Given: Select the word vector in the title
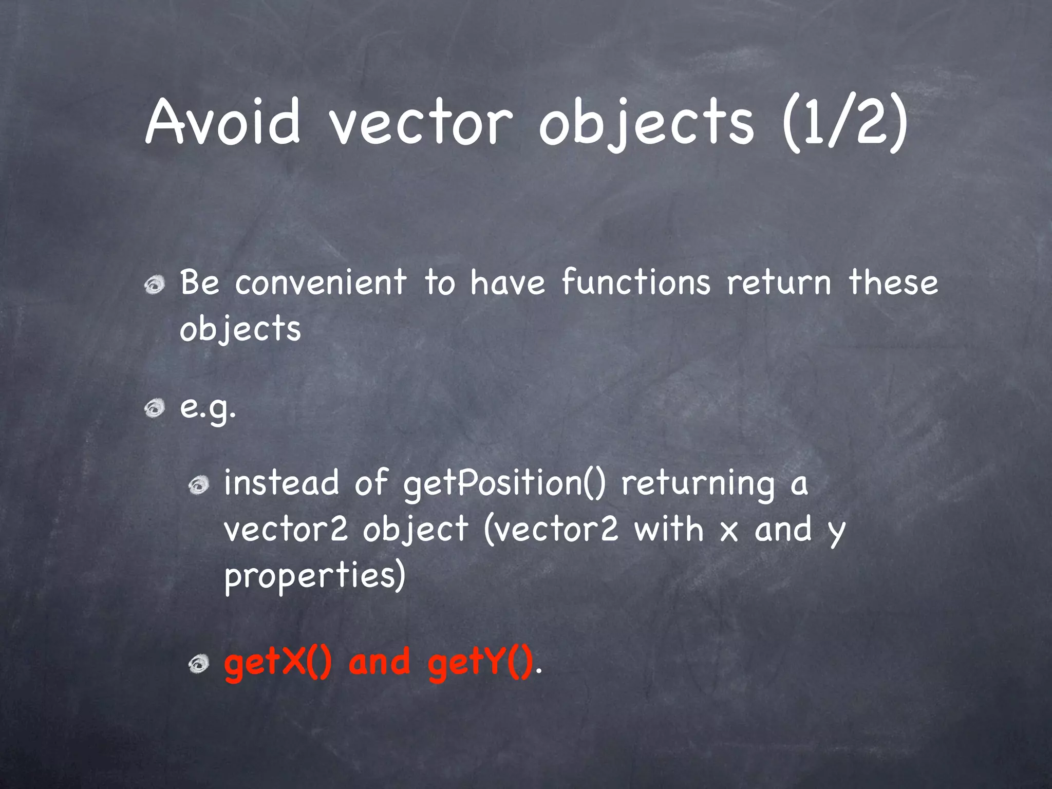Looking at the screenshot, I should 421,123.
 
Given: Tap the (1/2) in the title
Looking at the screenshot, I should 844,123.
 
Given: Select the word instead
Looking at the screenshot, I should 281,483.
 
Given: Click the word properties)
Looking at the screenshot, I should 315,576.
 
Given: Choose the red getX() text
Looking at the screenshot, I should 278,663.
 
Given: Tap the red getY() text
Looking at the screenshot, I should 480,663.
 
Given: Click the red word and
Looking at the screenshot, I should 380,662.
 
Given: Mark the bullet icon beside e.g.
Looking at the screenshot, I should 154,409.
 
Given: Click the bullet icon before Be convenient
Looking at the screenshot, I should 154,285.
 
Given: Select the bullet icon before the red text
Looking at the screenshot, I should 198,665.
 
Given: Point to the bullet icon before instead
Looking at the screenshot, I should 198,485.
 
